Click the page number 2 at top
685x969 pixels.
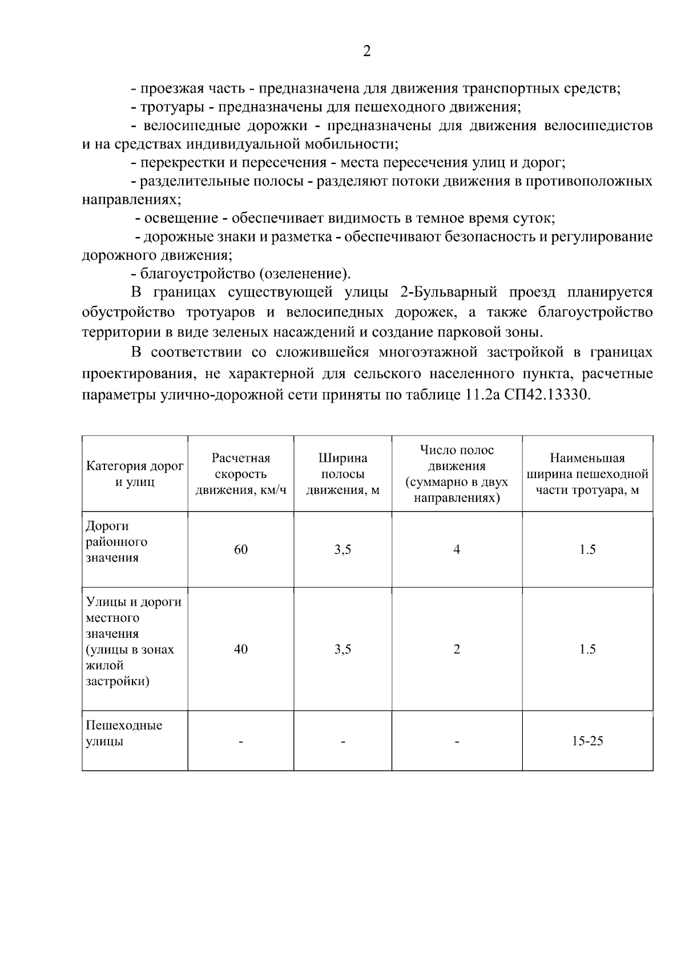(x=366, y=51)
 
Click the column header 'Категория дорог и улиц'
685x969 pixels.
(x=135, y=474)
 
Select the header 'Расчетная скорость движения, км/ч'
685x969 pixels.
(x=241, y=474)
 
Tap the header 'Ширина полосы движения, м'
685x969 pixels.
(x=342, y=474)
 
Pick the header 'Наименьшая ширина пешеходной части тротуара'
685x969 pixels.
(x=587, y=474)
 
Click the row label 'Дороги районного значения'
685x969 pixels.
(x=116, y=541)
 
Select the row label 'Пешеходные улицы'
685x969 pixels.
(x=124, y=733)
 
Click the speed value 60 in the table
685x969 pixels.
(x=241, y=549)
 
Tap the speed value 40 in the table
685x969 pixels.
(x=241, y=649)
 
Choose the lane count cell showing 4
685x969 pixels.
(x=457, y=549)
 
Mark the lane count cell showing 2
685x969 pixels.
(x=457, y=649)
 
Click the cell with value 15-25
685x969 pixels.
(x=587, y=741)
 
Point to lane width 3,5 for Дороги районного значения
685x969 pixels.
(x=342, y=549)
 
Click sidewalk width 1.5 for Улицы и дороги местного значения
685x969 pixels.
(x=587, y=649)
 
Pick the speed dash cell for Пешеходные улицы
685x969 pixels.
(x=241, y=742)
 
